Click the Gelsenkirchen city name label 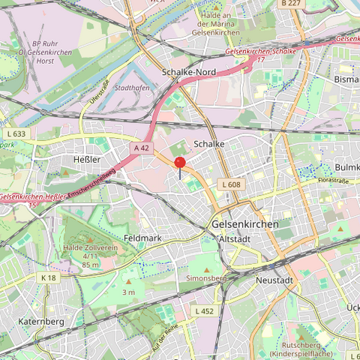(244, 224)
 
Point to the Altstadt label (235, 238)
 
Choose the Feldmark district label (142, 238)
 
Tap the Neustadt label (274, 279)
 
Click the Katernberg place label (40, 322)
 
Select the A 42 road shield (141, 148)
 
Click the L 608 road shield (230, 184)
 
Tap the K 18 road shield (49, 277)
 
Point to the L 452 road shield (204, 310)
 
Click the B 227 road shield (291, 4)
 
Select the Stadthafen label (130, 88)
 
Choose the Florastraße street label (334, 181)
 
